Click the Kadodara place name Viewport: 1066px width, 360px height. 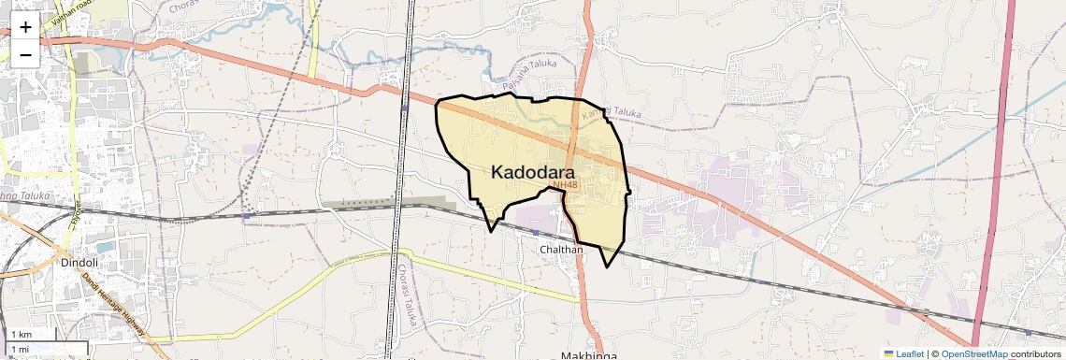532,172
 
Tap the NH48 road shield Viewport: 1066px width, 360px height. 565,185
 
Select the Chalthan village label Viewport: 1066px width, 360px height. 561,250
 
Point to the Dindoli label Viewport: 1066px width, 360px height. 79,263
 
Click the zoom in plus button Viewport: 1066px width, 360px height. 25,27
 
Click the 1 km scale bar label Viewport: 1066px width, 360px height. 21,334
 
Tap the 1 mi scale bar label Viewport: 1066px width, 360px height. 20,349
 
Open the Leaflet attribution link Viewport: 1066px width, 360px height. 910,353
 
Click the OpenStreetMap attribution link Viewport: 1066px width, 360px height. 973,353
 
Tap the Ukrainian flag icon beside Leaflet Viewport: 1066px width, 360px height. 889,353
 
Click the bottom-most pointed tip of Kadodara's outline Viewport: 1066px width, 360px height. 608,266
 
